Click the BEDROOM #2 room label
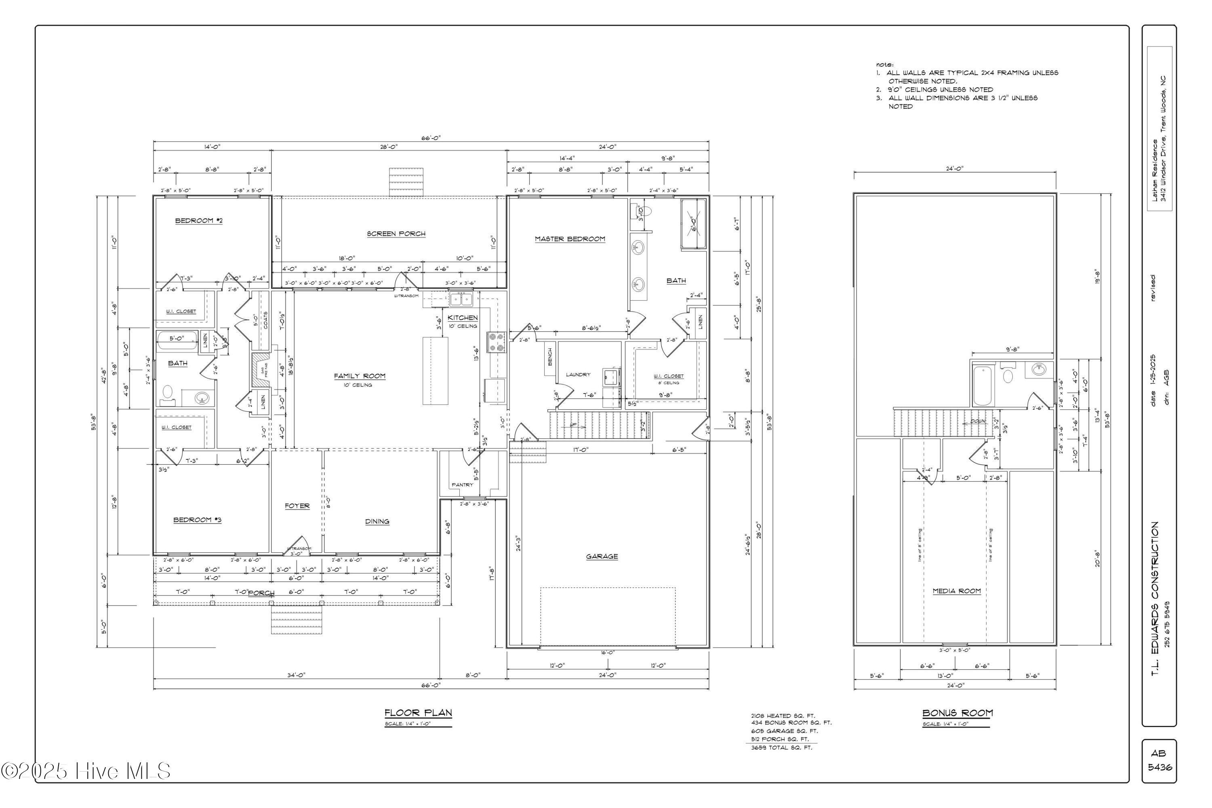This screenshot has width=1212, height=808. (199, 221)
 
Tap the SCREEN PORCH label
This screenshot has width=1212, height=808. (396, 234)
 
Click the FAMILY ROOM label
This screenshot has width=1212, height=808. (359, 376)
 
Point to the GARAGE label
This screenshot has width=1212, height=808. (602, 557)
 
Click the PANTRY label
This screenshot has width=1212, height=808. (462, 485)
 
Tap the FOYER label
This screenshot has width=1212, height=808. (297, 506)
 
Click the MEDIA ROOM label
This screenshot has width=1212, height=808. (956, 591)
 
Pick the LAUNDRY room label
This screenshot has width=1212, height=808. (578, 375)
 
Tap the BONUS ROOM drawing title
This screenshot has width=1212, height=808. (957, 713)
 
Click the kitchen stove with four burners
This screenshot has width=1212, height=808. (495, 342)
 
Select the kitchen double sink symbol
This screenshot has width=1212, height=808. (461, 299)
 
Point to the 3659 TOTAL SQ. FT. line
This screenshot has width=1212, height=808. (781, 748)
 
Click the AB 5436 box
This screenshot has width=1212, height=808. (1159, 761)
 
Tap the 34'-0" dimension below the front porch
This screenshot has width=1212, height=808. (296, 675)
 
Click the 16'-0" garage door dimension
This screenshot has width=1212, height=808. (608, 652)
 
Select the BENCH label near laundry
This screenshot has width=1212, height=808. (549, 357)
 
